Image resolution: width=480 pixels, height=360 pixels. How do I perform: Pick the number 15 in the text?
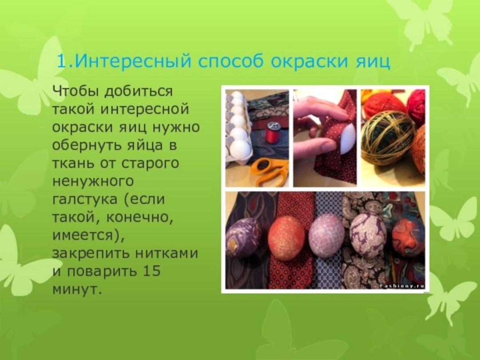point(151,271)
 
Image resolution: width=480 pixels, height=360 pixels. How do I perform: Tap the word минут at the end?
point(76,289)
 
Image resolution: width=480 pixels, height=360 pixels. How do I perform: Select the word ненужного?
point(93,181)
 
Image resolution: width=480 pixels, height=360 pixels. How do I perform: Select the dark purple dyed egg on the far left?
point(244,238)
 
